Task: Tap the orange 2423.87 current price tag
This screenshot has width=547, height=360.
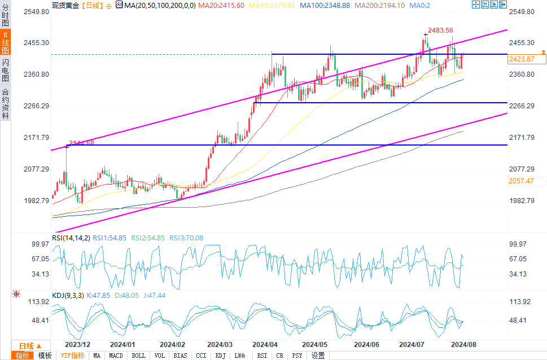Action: pos(521,58)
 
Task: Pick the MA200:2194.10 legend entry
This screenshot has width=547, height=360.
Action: pos(386,5)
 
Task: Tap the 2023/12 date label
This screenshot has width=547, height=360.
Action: pos(77,344)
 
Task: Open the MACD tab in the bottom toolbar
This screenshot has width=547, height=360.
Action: pos(116,355)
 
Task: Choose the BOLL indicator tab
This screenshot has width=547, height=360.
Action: pos(138,355)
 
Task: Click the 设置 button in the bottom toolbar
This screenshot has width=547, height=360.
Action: pos(318,355)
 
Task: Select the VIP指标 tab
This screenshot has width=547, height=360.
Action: pos(73,355)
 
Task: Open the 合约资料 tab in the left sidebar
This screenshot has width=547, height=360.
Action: pos(6,104)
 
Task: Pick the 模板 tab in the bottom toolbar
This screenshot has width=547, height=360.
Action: pos(45,355)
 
